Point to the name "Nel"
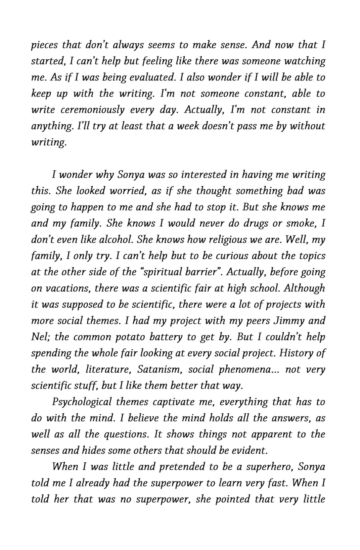pyautogui.click(x=39, y=337)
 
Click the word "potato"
pyautogui.click(x=124, y=337)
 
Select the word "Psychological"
pyautogui.click(x=81, y=402)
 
